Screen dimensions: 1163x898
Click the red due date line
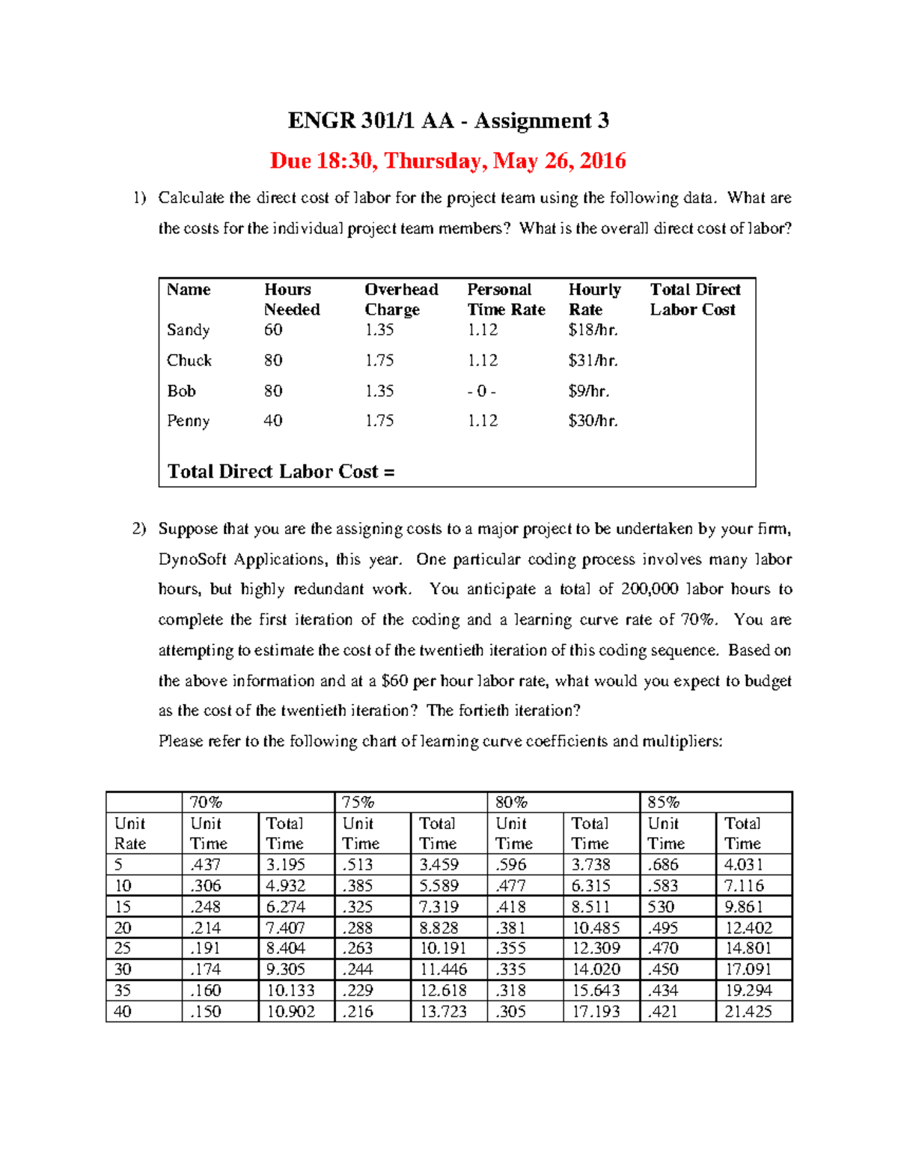[448, 161]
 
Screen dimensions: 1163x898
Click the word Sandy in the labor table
[188, 330]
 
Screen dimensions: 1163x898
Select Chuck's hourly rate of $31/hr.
[593, 361]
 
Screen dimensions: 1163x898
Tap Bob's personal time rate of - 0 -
[481, 391]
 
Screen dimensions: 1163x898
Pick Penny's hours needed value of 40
[272, 421]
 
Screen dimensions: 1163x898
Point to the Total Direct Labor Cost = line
[281, 472]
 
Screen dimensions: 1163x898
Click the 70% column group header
[206, 802]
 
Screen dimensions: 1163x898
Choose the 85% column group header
[663, 802]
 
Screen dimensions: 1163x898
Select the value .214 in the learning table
[205, 927]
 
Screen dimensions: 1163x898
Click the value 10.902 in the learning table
[290, 1011]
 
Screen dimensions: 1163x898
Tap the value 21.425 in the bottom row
[748, 1011]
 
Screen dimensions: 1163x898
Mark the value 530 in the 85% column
[662, 906]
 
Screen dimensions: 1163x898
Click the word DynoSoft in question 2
[192, 559]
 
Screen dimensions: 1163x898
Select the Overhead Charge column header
[401, 300]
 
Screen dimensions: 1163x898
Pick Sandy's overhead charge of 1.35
[379, 330]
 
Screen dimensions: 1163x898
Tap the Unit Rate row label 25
[123, 948]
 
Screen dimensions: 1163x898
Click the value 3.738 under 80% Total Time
[591, 864]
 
